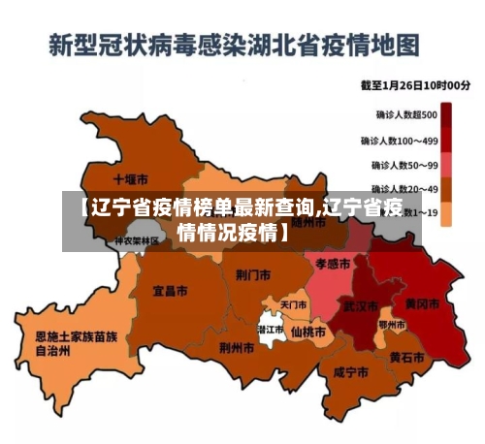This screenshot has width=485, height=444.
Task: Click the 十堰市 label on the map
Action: pos(130,179)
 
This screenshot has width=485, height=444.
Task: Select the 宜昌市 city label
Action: pos(172,289)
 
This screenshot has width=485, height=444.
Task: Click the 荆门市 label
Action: pos(252,274)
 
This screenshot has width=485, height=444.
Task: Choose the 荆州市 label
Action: pos(237,347)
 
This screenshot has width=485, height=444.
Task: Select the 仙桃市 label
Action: pos(308,331)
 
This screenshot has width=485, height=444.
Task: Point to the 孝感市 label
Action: pos(333,262)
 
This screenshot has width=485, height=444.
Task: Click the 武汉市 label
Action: pos(360,305)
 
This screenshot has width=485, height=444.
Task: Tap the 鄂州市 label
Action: pos(392,324)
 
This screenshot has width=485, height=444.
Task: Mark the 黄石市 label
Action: pos(406,357)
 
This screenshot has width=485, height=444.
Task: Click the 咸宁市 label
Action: pos(348,371)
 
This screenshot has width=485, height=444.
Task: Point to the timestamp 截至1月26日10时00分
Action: pos(416,86)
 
